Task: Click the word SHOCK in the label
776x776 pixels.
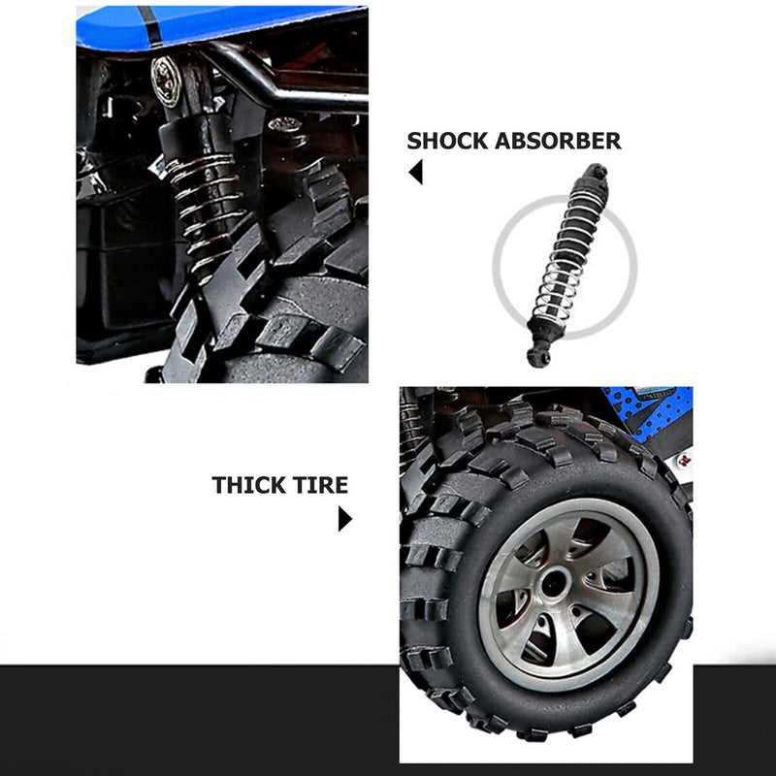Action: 447,141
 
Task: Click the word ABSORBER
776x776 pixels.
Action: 559,141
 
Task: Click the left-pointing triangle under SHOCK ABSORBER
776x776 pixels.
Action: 416,172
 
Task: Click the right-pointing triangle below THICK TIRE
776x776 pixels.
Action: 345,519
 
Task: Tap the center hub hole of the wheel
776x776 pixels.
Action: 554,585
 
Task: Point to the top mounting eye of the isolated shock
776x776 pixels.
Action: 597,173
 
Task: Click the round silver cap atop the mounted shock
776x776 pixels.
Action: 165,81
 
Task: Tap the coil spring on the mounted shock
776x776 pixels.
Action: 207,212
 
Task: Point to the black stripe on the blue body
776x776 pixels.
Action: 150,26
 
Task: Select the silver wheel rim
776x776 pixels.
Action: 569,594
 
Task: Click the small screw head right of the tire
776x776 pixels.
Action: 685,461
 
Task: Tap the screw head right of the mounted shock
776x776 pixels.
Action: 284,124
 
